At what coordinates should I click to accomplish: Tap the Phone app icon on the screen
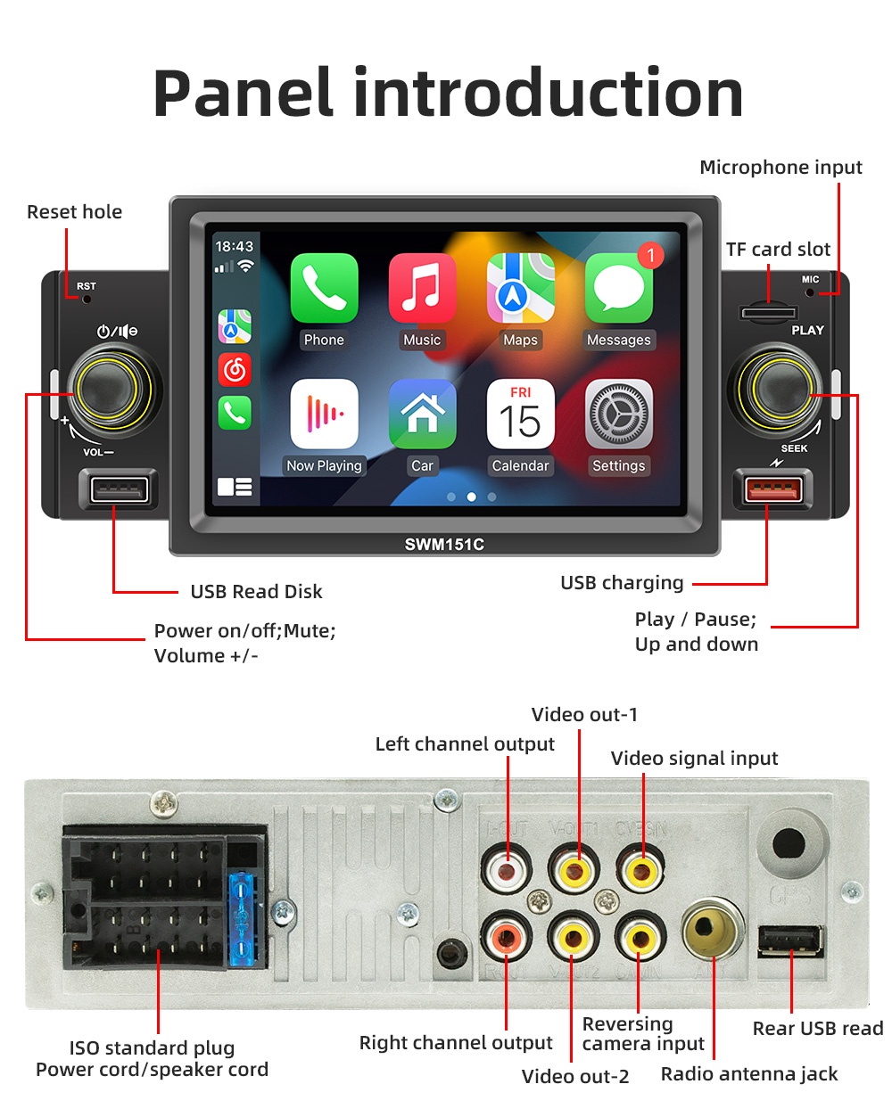tap(324, 288)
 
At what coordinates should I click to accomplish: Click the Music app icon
tap(422, 288)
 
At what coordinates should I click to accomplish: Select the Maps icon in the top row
tap(520, 288)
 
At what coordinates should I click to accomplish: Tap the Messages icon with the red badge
tap(618, 288)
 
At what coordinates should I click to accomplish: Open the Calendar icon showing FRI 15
tap(520, 415)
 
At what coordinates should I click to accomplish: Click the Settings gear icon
tap(618, 415)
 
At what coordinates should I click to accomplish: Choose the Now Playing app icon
tap(324, 415)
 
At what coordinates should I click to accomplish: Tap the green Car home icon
tap(422, 415)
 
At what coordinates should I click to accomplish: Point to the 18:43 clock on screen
tap(234, 247)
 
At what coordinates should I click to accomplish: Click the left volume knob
tap(107, 390)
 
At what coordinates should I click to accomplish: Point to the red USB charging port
tap(773, 490)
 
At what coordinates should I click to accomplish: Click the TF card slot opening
tap(768, 313)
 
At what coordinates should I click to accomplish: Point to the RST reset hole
tap(87, 299)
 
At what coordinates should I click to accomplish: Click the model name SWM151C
tap(444, 545)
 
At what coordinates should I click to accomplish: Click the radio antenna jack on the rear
tap(713, 929)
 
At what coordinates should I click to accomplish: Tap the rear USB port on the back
tap(790, 941)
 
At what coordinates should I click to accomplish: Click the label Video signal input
tap(694, 759)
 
